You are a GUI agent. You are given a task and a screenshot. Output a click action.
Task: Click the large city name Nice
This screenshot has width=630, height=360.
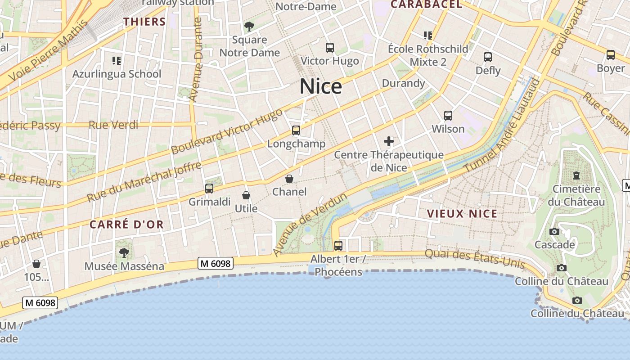[321, 86]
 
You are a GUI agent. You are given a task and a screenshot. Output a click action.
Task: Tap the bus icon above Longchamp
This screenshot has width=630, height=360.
[296, 130]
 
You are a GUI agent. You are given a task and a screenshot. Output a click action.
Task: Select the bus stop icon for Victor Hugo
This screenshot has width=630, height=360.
[330, 48]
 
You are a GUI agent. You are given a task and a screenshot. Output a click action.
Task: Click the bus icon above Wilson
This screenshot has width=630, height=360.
[448, 116]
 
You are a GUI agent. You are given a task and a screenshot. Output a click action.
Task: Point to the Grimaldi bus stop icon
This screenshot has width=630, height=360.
[209, 189]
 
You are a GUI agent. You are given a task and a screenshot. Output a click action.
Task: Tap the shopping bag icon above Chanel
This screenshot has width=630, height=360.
[289, 179]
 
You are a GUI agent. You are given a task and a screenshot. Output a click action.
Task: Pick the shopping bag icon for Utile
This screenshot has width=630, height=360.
[246, 195]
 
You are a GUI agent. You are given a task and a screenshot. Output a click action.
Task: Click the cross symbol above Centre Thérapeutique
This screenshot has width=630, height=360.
[389, 142]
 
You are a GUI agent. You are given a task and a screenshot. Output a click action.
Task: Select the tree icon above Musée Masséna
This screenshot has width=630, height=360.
[124, 253]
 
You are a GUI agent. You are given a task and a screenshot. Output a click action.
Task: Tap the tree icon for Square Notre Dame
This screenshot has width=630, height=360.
[249, 27]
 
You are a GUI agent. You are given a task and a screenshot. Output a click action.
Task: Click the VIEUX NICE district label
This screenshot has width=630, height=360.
[462, 214]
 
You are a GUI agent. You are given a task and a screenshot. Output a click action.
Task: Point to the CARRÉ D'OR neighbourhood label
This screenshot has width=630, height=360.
[126, 225]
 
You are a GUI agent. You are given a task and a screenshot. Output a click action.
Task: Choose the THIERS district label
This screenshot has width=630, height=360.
[145, 22]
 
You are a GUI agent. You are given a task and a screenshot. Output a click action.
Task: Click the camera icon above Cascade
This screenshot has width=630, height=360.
[554, 232]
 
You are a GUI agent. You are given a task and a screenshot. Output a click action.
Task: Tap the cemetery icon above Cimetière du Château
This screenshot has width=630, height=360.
[576, 175]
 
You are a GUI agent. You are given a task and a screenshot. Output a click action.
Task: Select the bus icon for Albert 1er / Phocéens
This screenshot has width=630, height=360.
[338, 246]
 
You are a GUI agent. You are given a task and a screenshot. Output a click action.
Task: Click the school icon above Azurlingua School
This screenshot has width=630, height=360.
[117, 60]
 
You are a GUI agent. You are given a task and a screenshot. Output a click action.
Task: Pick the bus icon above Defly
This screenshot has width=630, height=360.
[488, 57]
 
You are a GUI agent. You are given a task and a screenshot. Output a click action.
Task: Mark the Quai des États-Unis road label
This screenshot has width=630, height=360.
[475, 259]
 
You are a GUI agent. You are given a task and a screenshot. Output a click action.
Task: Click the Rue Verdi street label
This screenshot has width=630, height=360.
[113, 125]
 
